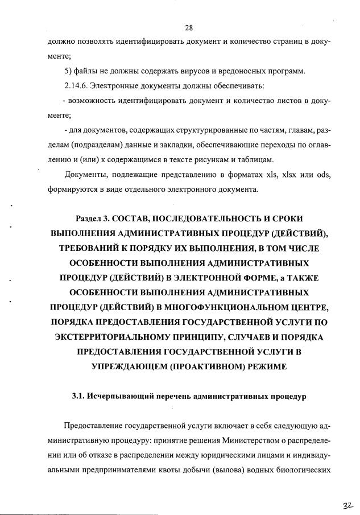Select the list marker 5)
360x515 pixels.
point(70,71)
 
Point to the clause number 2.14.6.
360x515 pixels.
point(79,86)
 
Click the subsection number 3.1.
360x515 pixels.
point(78,397)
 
